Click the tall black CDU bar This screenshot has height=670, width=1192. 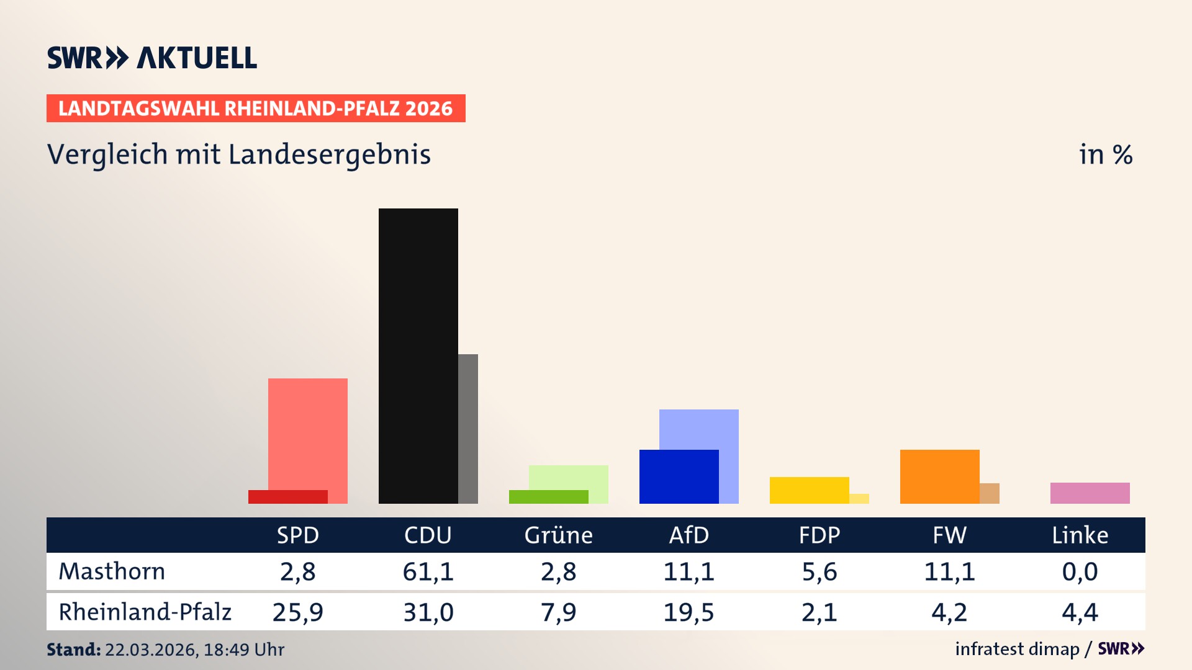tap(418, 355)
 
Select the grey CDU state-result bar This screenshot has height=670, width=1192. tap(468, 428)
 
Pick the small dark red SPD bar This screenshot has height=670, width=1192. tap(287, 497)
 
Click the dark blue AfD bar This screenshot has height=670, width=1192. tap(679, 476)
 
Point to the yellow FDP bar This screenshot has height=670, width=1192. tap(809, 490)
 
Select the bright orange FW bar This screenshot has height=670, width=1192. tap(939, 476)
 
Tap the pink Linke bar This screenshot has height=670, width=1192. tap(1090, 493)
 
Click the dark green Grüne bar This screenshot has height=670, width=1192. tap(548, 497)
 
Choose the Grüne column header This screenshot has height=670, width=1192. tap(558, 535)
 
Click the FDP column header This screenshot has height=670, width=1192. tap(819, 535)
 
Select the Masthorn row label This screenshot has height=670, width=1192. tap(112, 571)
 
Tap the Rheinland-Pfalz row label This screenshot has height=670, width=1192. tap(145, 612)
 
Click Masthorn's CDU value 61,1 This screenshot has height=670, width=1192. tap(428, 571)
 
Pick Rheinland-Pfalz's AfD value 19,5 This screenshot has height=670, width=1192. tap(689, 612)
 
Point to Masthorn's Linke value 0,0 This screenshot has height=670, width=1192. tap(1080, 571)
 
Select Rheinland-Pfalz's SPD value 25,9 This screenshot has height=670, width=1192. tap(297, 612)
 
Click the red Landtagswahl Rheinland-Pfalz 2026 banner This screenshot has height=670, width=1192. tap(256, 109)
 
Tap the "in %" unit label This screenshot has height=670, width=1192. tap(1105, 154)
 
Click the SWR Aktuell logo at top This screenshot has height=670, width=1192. tap(152, 58)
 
